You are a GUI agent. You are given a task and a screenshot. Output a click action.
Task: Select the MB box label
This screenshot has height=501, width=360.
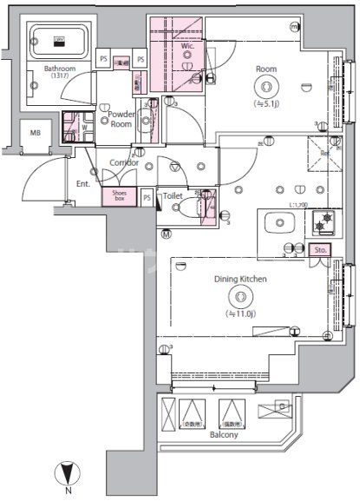pos(35,133)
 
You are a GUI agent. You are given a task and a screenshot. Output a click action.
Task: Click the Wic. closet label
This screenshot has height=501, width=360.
pos(186,36)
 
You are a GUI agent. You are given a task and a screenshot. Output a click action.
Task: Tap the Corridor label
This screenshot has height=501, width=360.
pos(124,162)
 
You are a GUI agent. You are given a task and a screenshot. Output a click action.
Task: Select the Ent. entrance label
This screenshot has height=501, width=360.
pos(83,183)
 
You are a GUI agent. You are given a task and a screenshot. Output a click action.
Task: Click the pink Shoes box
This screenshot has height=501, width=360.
pos(118,197)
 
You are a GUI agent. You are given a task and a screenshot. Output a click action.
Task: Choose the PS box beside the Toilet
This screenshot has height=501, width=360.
pos(147,198)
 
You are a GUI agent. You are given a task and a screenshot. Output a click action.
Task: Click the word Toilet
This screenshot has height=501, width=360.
pos(173,197)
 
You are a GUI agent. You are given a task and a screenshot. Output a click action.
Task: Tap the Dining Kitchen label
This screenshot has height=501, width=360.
pos(239,279)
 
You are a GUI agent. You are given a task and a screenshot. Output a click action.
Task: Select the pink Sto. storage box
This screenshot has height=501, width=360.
pos(319,250)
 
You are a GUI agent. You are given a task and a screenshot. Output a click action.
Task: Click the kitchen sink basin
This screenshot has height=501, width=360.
pos(280,223)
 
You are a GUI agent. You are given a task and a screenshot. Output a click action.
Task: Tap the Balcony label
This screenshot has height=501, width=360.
pos(223,434)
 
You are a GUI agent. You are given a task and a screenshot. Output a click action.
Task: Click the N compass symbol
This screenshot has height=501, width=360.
pos(67,476)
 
